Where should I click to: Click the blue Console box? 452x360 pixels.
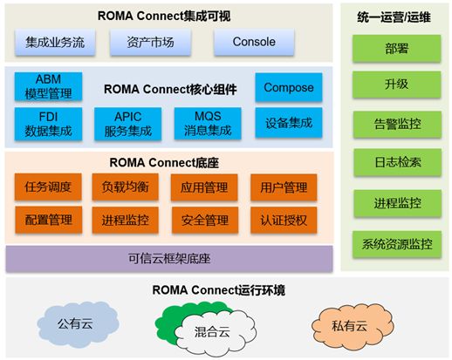point(254,42)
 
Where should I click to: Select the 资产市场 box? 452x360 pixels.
point(150,42)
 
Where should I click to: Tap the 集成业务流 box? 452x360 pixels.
point(55,42)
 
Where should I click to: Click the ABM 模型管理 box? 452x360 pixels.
point(48,86)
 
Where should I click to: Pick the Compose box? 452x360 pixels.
point(289,87)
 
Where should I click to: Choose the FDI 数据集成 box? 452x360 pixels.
point(48,124)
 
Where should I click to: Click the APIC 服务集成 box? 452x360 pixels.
point(128,124)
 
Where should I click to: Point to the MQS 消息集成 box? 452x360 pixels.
point(208,124)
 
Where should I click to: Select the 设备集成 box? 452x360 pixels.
point(289,122)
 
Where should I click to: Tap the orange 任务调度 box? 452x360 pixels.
point(48,187)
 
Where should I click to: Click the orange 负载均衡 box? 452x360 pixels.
point(126,187)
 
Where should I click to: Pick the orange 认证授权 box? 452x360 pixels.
point(284,220)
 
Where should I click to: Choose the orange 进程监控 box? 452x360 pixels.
point(126,220)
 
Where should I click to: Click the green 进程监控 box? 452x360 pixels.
point(397,203)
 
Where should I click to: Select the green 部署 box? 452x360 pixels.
point(396,48)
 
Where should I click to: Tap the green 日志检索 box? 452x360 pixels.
point(397,162)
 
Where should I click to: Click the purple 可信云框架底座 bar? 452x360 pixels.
point(169,259)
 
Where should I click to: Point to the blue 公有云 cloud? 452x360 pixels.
point(76,324)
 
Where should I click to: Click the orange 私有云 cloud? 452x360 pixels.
point(351,326)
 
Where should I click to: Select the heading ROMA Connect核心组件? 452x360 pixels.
point(170,90)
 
